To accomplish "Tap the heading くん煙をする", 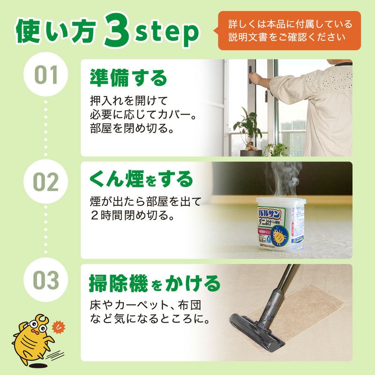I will (x=141, y=179).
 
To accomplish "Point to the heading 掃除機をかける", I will (x=154, y=283).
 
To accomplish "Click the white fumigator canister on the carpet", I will (x=278, y=223).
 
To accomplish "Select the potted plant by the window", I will (x=248, y=131).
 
